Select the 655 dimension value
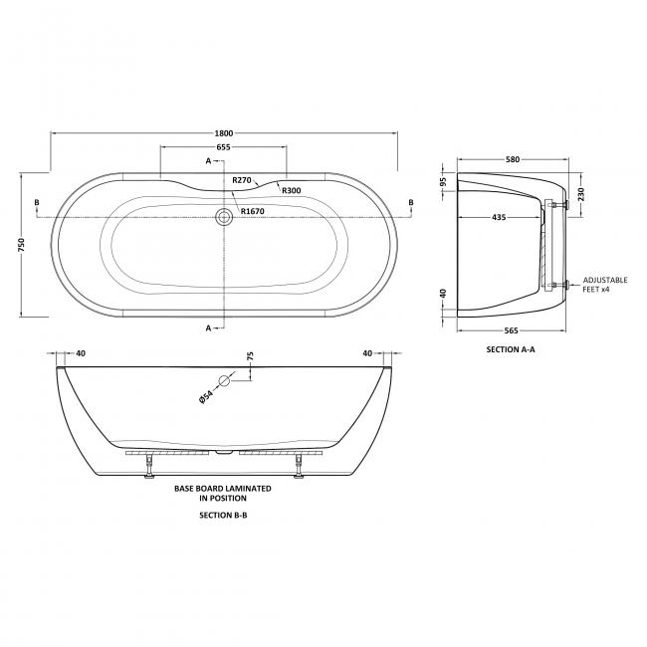(x=224, y=147)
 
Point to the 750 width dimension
(x=22, y=244)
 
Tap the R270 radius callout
(x=241, y=180)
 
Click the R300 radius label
(x=291, y=190)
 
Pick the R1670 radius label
(x=252, y=211)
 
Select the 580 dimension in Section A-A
(x=513, y=159)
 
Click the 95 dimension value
(x=444, y=183)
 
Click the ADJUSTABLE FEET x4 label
(x=604, y=285)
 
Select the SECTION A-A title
(x=513, y=350)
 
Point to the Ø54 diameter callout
(x=205, y=395)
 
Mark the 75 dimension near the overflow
(x=251, y=360)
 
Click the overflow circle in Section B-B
(x=225, y=380)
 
